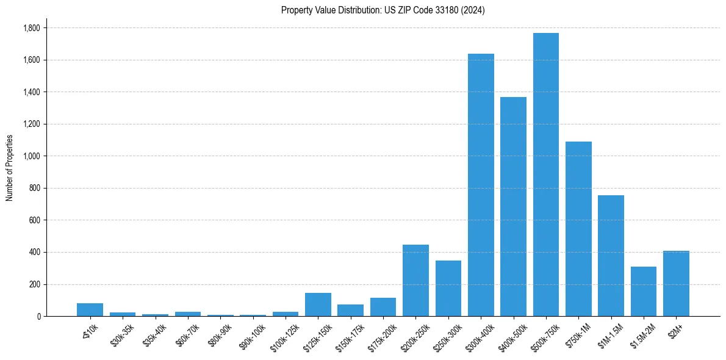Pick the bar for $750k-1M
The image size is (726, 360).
578,229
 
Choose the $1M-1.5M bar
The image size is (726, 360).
611,256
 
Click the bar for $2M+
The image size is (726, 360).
676,283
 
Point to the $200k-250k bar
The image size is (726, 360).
415,280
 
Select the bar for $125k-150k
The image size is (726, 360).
318,304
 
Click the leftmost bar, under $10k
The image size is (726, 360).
90,309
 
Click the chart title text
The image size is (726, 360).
383,10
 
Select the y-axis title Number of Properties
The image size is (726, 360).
10,167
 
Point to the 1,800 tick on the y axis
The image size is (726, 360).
31,28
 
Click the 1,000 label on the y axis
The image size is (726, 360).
31,156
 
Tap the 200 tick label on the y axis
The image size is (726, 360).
35,284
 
